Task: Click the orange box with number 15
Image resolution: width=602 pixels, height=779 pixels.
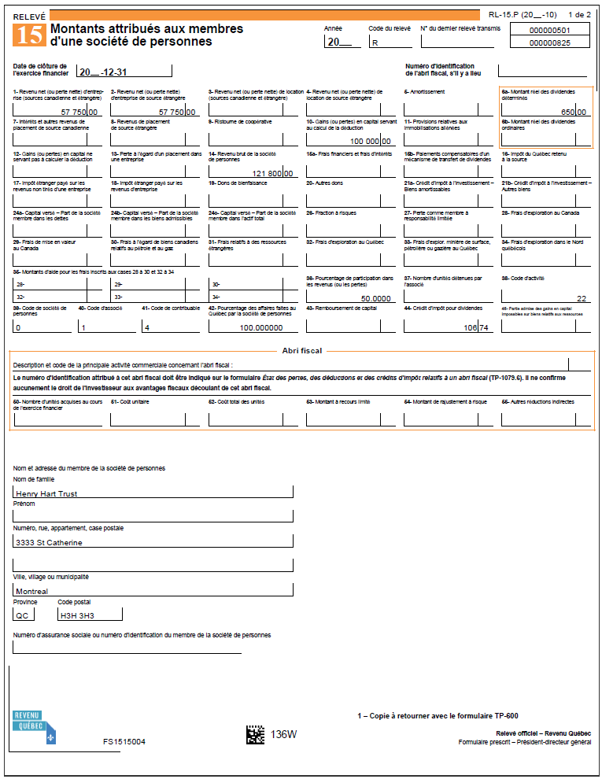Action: point(30,35)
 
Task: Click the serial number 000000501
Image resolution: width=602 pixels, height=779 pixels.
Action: point(550,30)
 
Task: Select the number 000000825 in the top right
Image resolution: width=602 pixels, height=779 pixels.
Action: point(550,43)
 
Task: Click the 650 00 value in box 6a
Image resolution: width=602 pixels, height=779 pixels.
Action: point(573,113)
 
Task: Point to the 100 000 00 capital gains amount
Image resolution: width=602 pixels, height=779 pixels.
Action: point(370,142)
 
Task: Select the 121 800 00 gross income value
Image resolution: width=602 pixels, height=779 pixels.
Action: point(272,173)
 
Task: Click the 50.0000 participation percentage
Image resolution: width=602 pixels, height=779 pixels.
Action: point(376,299)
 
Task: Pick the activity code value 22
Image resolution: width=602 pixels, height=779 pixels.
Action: point(582,299)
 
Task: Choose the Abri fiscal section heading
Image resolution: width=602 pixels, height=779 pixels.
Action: point(301,351)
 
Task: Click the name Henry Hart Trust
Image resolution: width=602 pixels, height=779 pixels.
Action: point(46,494)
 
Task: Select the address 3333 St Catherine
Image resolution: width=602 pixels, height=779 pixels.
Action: point(49,542)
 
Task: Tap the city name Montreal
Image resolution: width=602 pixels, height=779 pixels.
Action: point(32,591)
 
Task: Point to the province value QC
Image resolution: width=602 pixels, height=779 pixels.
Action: point(23,615)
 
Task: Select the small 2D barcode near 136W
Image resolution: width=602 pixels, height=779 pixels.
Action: point(255,735)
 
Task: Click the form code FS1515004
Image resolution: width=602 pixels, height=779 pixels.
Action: point(124,741)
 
